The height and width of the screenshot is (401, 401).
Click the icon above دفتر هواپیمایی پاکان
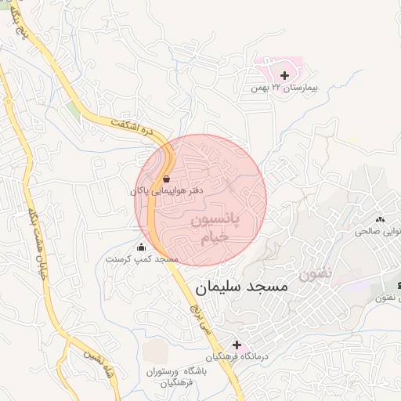click(x=166, y=179)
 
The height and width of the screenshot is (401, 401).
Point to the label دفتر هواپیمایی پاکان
click(x=167, y=190)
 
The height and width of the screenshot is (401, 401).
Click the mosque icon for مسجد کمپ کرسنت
click(x=142, y=247)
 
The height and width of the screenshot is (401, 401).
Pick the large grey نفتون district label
click(x=315, y=275)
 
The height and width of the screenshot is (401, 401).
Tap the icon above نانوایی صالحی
click(x=381, y=220)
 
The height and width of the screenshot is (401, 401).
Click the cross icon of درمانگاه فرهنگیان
click(x=237, y=345)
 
